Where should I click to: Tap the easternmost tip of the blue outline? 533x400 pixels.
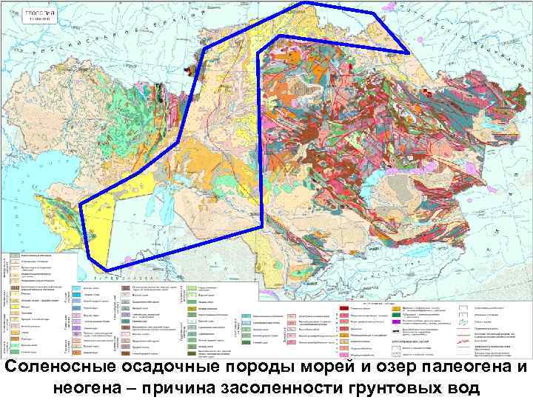409,53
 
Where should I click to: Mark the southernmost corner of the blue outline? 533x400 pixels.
107,268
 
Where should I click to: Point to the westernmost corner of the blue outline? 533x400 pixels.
79,203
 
